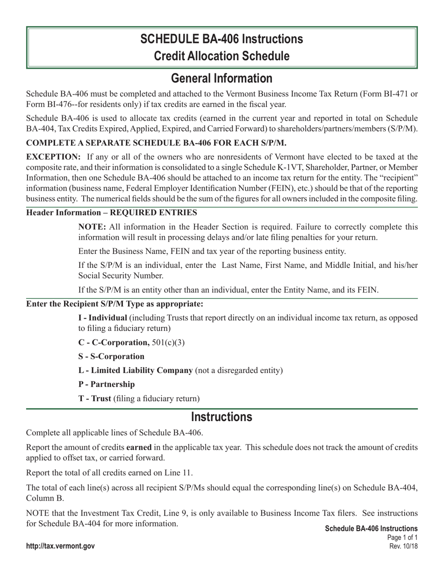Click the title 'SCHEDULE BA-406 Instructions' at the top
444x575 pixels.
point(222,39)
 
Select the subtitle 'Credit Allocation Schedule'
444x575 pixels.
point(222,56)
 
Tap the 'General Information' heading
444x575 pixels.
point(222,78)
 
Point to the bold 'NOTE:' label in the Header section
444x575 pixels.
point(92,227)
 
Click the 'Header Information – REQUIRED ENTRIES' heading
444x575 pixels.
point(111,213)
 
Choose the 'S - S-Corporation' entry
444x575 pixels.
point(111,356)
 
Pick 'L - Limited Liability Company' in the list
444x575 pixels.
point(136,370)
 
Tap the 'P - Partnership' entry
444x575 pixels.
point(107,384)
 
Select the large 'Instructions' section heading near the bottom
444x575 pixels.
point(222,417)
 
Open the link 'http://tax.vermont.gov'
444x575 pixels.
point(60,546)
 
